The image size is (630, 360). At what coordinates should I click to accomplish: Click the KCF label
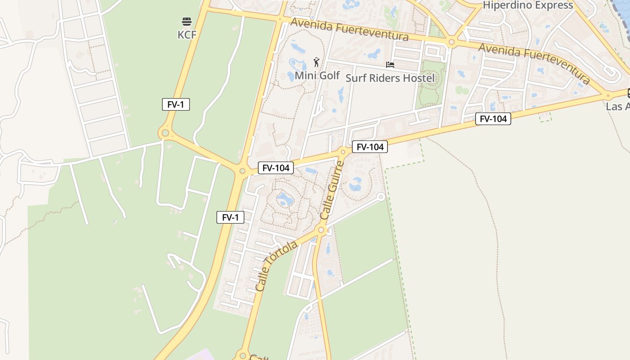click(187, 34)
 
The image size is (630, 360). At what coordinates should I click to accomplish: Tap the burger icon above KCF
click(187, 21)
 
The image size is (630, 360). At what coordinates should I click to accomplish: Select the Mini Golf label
click(317, 75)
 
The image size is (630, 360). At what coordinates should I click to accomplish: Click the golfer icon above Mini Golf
click(317, 62)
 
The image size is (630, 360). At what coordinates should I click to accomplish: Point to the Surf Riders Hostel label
click(390, 78)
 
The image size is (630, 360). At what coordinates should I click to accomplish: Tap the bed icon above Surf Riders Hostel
click(390, 65)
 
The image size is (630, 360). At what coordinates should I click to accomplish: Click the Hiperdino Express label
click(528, 5)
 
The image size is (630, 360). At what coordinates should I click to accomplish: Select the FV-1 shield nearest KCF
click(176, 104)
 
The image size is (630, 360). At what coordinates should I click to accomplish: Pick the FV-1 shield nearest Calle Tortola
click(230, 217)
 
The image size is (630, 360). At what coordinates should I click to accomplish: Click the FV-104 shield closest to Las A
click(493, 119)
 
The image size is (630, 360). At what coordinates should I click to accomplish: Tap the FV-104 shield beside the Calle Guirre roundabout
click(369, 147)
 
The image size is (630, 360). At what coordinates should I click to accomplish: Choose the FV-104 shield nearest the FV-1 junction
click(275, 168)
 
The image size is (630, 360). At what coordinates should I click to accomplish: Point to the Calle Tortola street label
click(276, 266)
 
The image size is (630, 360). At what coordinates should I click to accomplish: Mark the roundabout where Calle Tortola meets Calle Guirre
click(321, 230)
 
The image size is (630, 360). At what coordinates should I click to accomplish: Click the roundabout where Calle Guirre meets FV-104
click(343, 152)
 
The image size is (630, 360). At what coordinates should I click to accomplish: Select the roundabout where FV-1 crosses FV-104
click(242, 171)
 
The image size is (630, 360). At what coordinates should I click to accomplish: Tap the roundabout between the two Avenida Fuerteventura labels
click(451, 43)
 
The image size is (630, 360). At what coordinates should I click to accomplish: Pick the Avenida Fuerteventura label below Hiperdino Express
click(534, 63)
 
